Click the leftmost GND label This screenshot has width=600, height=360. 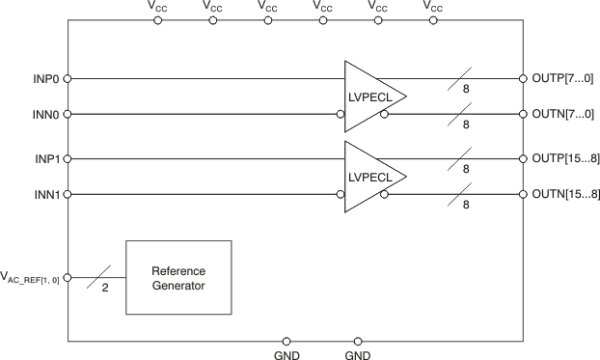286,355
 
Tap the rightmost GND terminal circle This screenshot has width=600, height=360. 358,341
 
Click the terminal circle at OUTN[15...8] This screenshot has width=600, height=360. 522,195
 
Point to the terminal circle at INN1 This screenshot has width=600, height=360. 68,195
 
